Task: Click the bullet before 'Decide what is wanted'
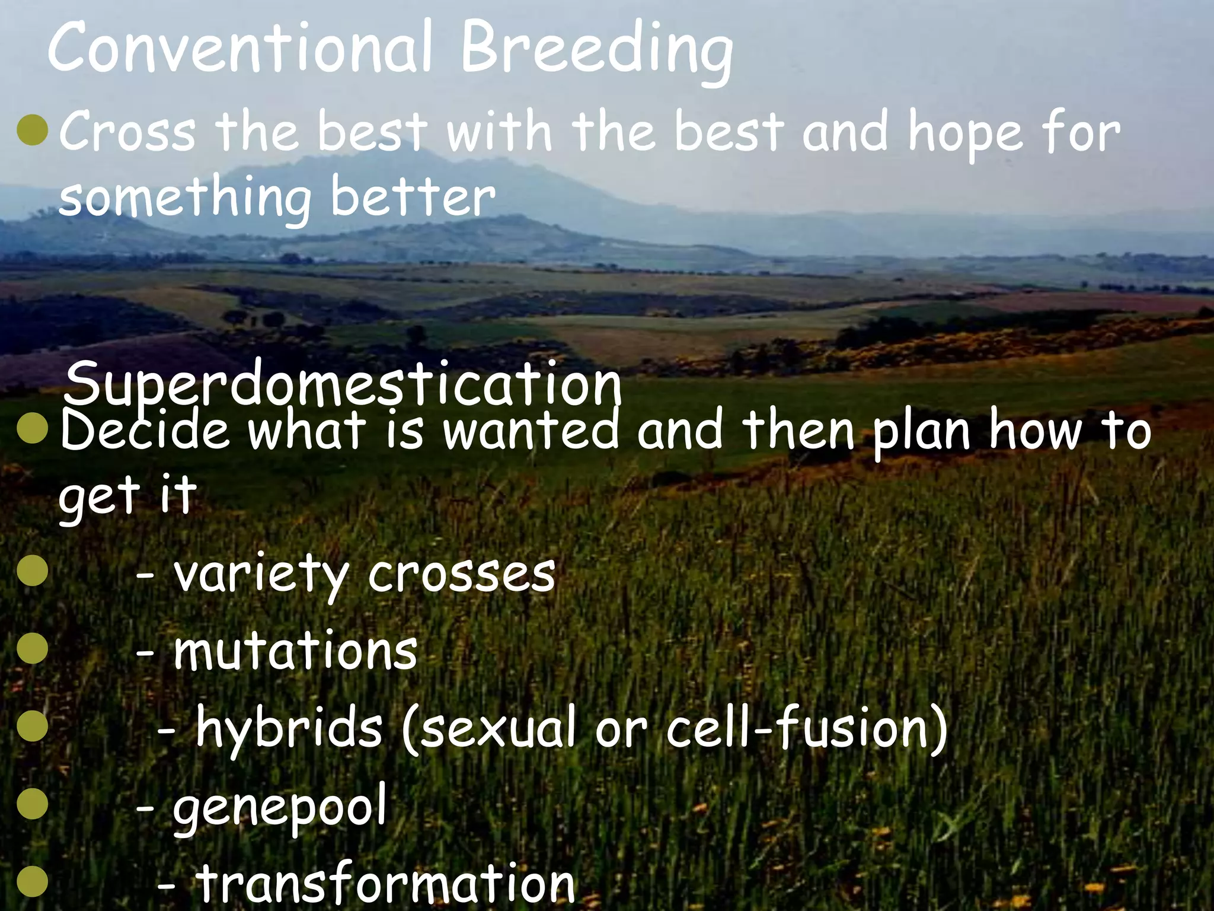tap(33, 430)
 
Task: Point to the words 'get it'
tap(126, 495)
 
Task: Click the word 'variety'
tap(261, 574)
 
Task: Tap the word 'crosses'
tap(461, 574)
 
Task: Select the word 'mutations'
tap(295, 651)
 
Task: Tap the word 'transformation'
tap(385, 884)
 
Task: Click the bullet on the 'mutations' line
tap(33, 649)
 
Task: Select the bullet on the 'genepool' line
tap(33, 805)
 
